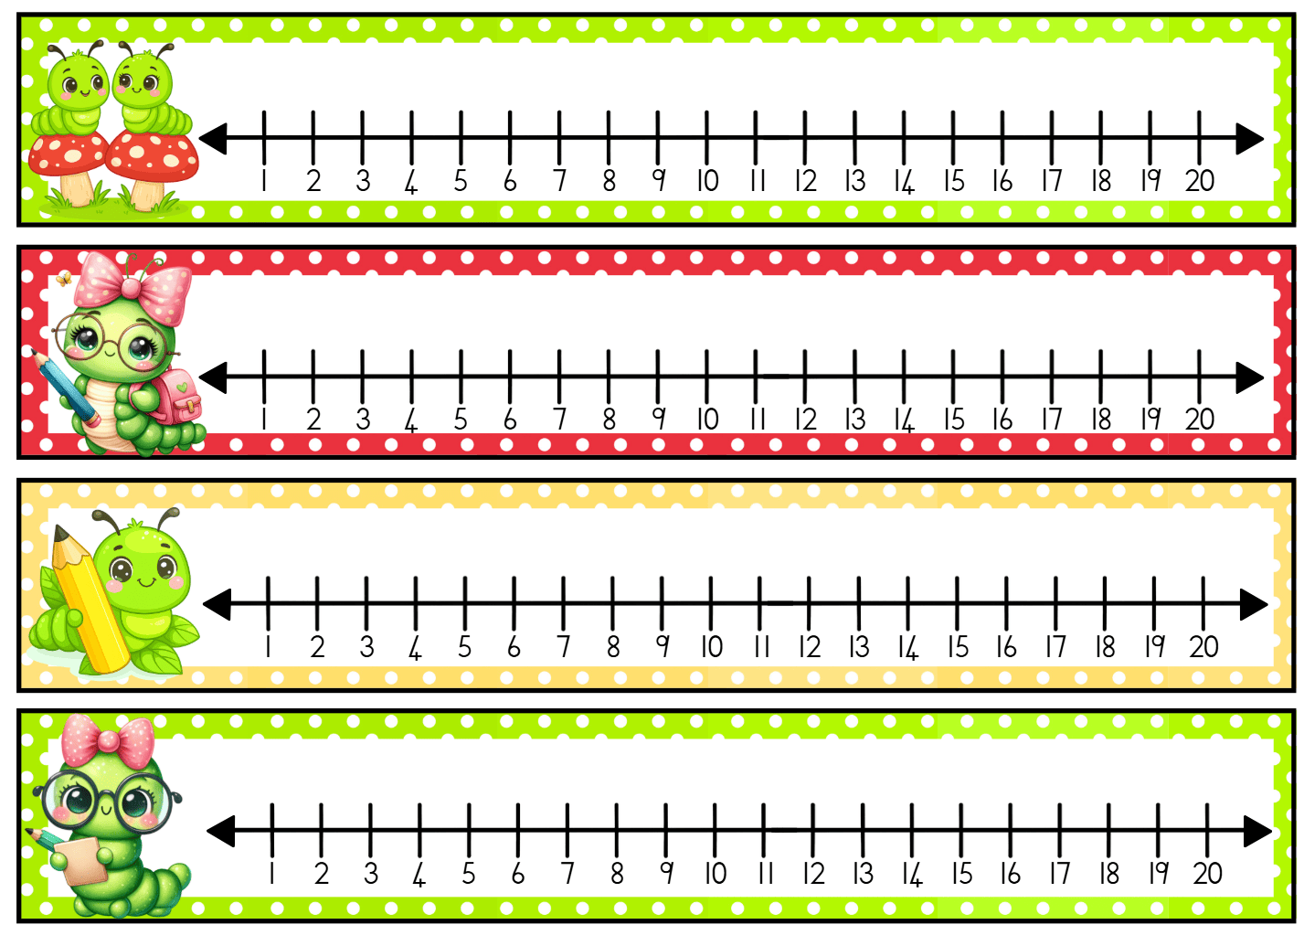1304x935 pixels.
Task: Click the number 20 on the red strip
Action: point(1200,420)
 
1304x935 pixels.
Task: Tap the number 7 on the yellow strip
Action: point(563,647)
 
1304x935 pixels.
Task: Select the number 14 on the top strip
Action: point(905,181)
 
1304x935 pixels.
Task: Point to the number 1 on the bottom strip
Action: point(272,873)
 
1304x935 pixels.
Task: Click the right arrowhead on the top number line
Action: point(1249,139)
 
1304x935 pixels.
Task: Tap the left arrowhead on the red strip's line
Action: point(213,377)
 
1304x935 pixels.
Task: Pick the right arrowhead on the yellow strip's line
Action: point(1254,604)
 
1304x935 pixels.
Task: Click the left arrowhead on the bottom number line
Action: point(220,831)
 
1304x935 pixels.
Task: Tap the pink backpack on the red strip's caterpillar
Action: point(169,396)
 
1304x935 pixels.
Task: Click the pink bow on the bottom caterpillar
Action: point(108,739)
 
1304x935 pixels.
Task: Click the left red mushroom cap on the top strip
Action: point(67,154)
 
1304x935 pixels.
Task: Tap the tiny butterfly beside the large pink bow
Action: point(63,279)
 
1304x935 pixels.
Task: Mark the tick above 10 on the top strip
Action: point(706,137)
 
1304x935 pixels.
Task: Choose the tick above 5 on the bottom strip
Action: point(469,830)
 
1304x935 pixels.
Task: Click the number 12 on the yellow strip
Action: point(810,647)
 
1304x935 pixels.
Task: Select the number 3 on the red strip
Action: point(363,420)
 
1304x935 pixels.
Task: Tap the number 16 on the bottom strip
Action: point(1010,873)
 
